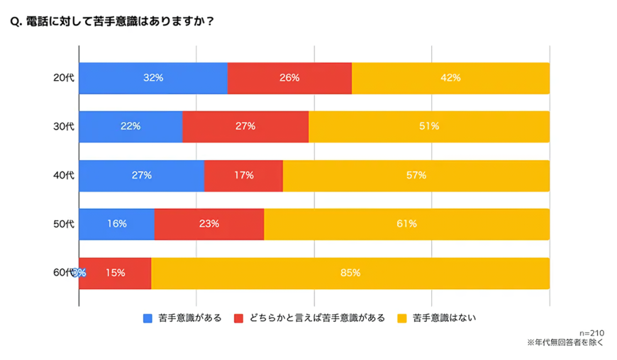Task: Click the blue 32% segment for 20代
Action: tap(153, 78)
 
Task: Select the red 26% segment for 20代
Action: tap(289, 78)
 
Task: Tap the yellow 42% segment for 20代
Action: tap(450, 78)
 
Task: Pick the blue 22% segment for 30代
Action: tap(130, 127)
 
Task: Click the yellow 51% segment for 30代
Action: tap(429, 127)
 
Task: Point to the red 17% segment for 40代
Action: tap(243, 176)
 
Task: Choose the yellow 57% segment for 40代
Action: tap(416, 176)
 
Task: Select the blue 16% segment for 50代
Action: tap(116, 224)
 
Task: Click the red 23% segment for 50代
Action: tap(209, 224)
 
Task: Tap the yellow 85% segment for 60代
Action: tap(350, 273)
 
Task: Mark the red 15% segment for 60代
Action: tap(118, 273)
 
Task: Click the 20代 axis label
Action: tap(63, 78)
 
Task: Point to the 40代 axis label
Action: tap(63, 176)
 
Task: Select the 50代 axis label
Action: tap(63, 224)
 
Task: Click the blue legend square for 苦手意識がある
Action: tap(148, 318)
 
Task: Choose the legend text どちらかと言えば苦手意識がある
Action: tap(316, 318)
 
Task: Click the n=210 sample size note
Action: tap(591, 333)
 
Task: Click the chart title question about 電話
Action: tap(113, 21)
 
